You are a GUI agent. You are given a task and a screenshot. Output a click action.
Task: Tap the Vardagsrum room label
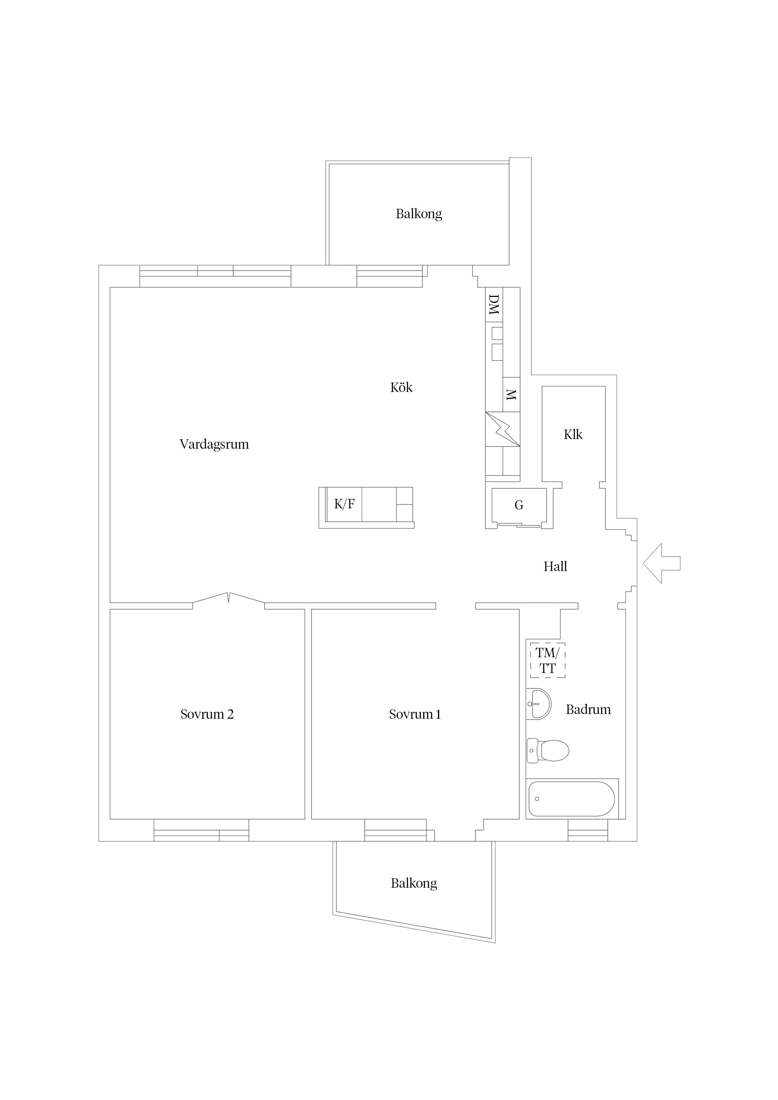pos(214,445)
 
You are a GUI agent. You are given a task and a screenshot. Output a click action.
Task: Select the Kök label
pos(401,387)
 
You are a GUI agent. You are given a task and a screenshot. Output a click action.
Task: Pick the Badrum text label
pos(588,710)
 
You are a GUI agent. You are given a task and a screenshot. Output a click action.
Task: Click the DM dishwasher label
pos(494,305)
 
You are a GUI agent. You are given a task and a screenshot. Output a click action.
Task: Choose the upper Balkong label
pos(419,214)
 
